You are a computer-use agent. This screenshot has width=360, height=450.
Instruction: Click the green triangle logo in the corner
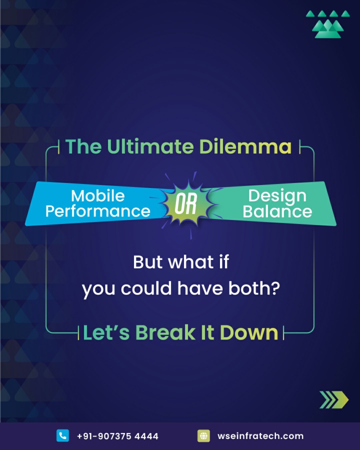(x=328, y=24)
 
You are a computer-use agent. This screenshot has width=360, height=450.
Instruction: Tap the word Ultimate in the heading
(x=150, y=146)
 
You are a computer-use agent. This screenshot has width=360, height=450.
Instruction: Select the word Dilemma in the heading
(x=245, y=146)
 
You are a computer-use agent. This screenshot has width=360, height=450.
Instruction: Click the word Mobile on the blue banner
(x=98, y=195)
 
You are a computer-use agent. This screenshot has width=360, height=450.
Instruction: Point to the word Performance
(x=98, y=211)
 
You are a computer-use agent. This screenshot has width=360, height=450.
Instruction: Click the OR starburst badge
(x=186, y=204)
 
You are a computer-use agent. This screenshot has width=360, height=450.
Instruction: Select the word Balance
(x=277, y=211)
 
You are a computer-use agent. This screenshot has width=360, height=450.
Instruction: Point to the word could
(x=146, y=288)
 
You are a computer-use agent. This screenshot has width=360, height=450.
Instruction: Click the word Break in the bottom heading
(x=165, y=332)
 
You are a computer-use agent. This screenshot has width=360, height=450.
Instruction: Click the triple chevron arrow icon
(x=334, y=399)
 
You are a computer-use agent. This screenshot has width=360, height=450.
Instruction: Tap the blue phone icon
(x=62, y=435)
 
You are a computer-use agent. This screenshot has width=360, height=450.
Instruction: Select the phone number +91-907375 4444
(x=117, y=436)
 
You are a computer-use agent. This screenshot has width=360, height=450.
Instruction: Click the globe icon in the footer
(x=203, y=435)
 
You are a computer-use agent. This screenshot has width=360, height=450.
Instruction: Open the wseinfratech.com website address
(x=260, y=436)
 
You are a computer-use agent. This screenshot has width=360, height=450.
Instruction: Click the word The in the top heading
(x=83, y=146)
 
